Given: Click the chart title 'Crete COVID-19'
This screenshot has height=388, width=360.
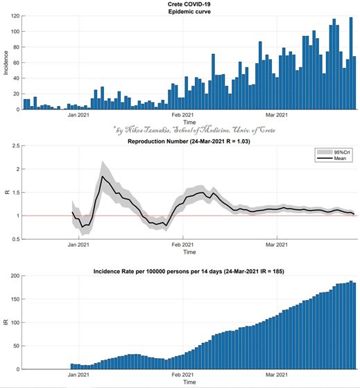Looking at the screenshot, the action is (189, 4).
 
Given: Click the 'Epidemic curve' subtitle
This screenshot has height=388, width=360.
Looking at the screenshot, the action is (189, 12).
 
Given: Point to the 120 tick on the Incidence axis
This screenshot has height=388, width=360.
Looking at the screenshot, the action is (15, 16).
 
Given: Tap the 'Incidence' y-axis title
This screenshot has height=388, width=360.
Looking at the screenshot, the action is (6, 62).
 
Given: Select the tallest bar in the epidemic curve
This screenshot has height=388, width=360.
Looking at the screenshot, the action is (351, 63).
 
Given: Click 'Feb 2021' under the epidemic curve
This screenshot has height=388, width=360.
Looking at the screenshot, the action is (182, 115).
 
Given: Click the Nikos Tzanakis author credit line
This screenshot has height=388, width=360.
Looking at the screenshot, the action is (194, 130).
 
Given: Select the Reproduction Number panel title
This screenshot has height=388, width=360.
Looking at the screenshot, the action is (189, 141).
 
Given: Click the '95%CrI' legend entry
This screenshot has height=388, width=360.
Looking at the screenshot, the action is (334, 152).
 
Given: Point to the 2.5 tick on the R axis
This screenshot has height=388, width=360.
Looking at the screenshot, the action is (16, 145).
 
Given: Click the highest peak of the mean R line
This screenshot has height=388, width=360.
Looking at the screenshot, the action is (103, 176).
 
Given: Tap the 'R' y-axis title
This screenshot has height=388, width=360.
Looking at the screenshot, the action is (7, 192).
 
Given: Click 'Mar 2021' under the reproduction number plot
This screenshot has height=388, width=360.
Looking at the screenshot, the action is (277, 245).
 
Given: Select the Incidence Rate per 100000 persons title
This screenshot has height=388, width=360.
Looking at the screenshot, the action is (189, 272).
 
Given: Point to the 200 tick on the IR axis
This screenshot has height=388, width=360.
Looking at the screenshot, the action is (15, 276).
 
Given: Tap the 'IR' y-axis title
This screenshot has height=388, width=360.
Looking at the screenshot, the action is (6, 322).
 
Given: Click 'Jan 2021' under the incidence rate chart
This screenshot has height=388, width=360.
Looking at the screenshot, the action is (78, 375).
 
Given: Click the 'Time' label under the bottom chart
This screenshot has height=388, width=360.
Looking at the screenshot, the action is (189, 382).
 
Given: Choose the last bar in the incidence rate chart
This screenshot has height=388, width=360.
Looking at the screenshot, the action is (354, 326).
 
